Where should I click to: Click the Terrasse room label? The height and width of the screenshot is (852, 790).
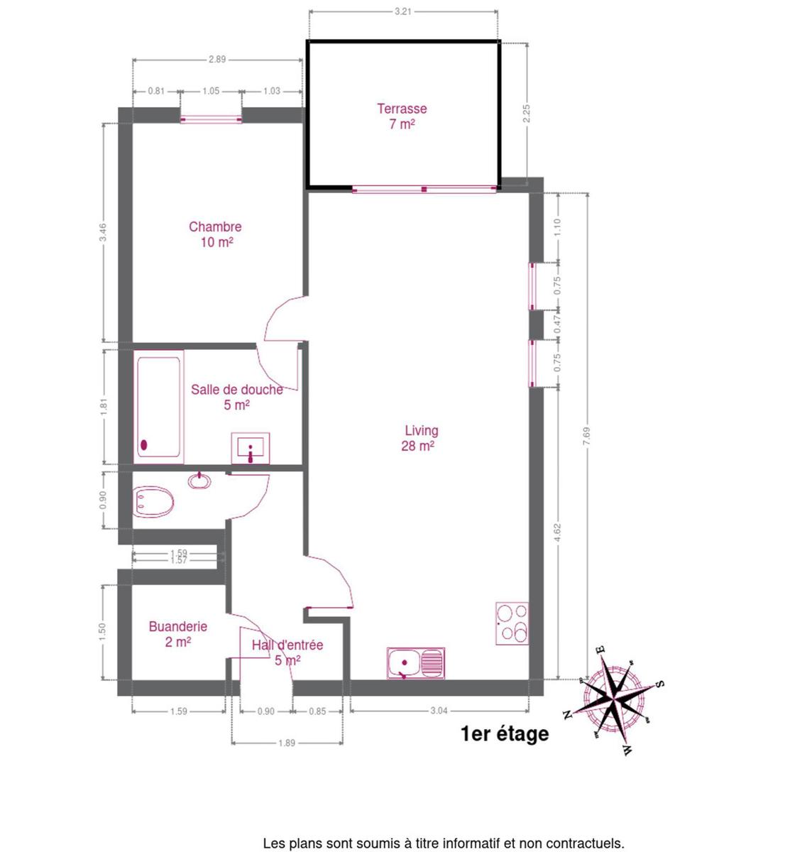402,116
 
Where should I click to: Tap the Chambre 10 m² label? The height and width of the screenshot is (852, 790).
215,234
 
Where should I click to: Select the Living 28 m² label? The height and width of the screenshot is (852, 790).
419,438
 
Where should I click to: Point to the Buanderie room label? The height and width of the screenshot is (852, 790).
178,634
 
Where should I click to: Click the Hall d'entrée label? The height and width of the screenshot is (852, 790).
287,652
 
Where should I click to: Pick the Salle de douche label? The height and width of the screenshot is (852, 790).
237,397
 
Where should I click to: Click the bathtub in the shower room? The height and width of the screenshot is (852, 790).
159,407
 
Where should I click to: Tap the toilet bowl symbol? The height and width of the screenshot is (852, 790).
153,501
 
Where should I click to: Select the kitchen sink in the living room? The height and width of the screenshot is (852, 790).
416,663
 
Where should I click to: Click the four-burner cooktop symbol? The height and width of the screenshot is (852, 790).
512,623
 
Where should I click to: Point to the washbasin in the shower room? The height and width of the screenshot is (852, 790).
251,448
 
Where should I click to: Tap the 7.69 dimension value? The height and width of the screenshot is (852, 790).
587,436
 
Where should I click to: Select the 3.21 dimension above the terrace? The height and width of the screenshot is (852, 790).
403,11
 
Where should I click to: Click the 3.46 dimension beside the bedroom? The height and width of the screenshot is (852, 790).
104,232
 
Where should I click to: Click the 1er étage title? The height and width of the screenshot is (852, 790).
505,733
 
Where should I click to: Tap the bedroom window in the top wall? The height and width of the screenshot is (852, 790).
211,119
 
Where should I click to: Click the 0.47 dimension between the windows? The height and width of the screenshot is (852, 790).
557,324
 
